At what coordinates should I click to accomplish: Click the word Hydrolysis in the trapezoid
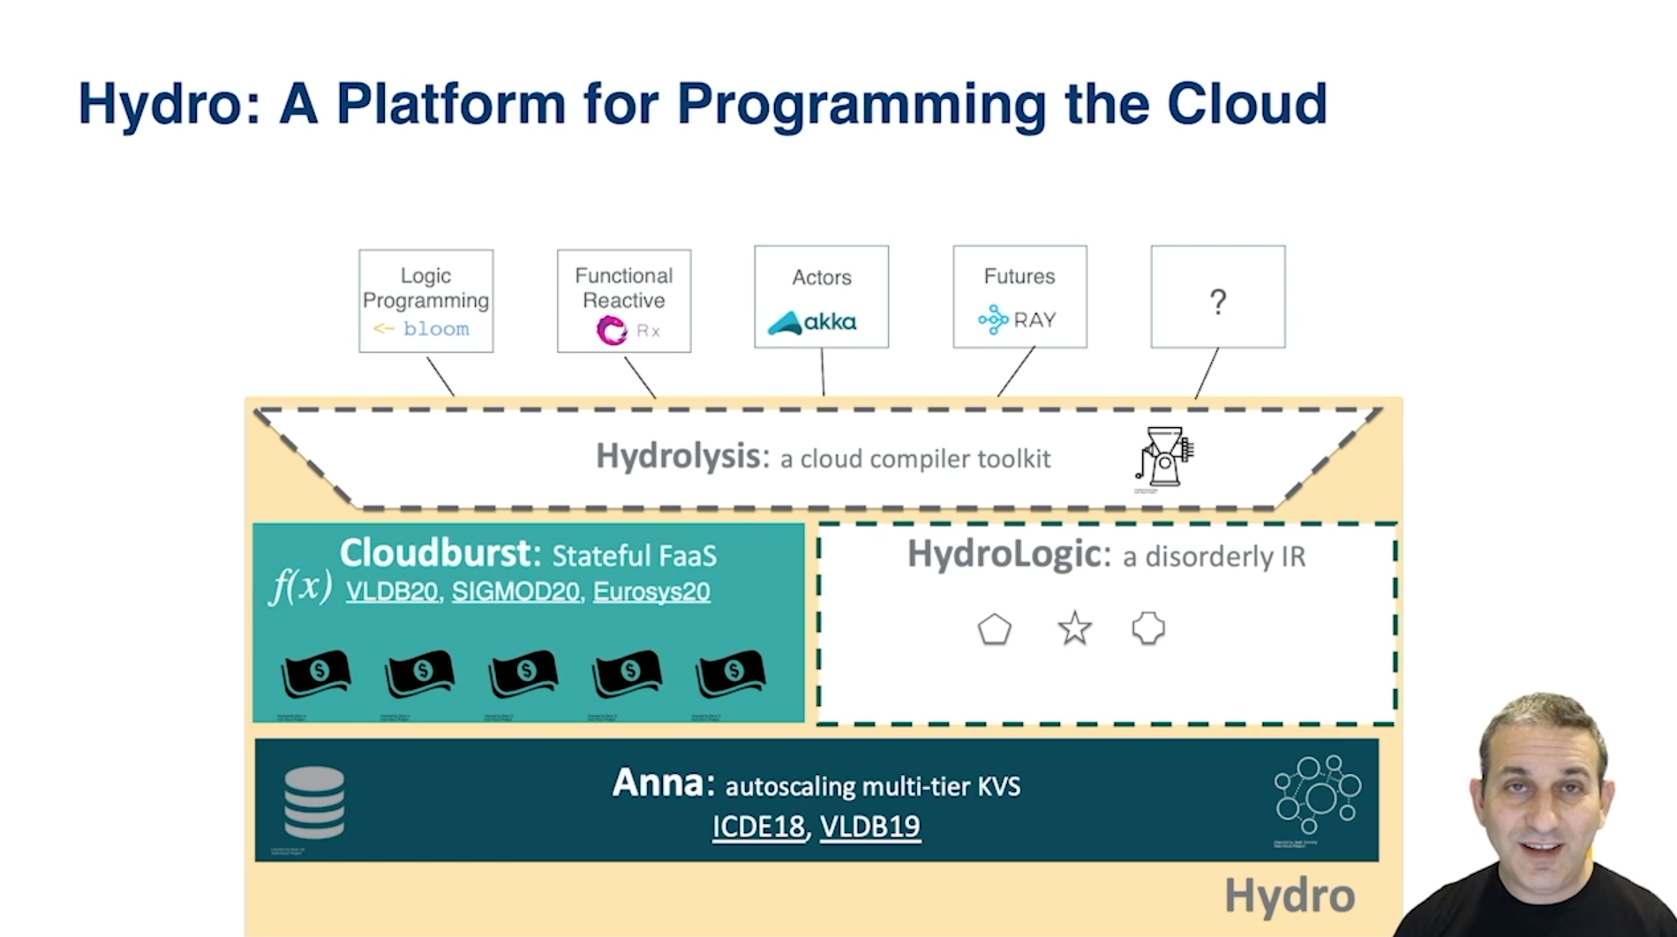pos(678,457)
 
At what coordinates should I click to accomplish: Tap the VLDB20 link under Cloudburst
pos(392,591)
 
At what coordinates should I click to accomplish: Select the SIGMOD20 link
pos(515,591)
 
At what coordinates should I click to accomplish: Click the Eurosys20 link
pos(651,591)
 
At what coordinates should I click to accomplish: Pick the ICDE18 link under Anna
pos(758,827)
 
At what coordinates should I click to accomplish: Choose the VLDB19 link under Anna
pos(870,827)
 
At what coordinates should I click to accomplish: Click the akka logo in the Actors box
pos(812,322)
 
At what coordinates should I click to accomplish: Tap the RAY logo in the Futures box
pos(1017,319)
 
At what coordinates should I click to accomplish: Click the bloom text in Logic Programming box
pos(436,329)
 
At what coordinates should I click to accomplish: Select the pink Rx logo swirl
pos(612,331)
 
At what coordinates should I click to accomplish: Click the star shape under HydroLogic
pos(1074,629)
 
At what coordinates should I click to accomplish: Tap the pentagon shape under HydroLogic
pos(994,630)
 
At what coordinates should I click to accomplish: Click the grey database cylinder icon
pos(314,802)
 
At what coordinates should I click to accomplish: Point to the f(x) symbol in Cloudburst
pos(301,586)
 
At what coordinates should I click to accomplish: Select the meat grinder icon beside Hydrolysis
pos(1164,457)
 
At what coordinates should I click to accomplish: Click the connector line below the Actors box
pos(823,371)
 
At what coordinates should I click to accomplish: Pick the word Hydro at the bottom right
pos(1289,896)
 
